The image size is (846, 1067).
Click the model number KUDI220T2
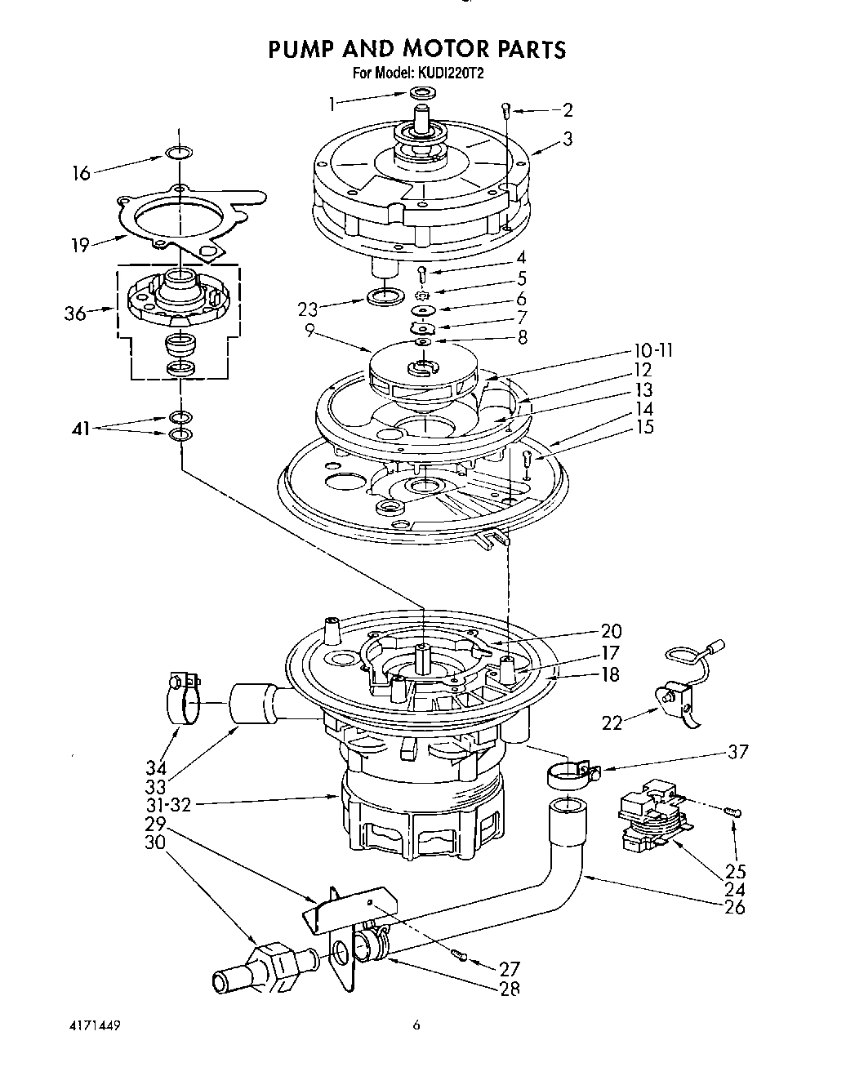tap(453, 73)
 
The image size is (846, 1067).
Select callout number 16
tap(82, 173)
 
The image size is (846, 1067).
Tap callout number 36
tap(75, 313)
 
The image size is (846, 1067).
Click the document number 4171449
tap(94, 1025)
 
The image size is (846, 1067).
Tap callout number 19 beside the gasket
tap(79, 245)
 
